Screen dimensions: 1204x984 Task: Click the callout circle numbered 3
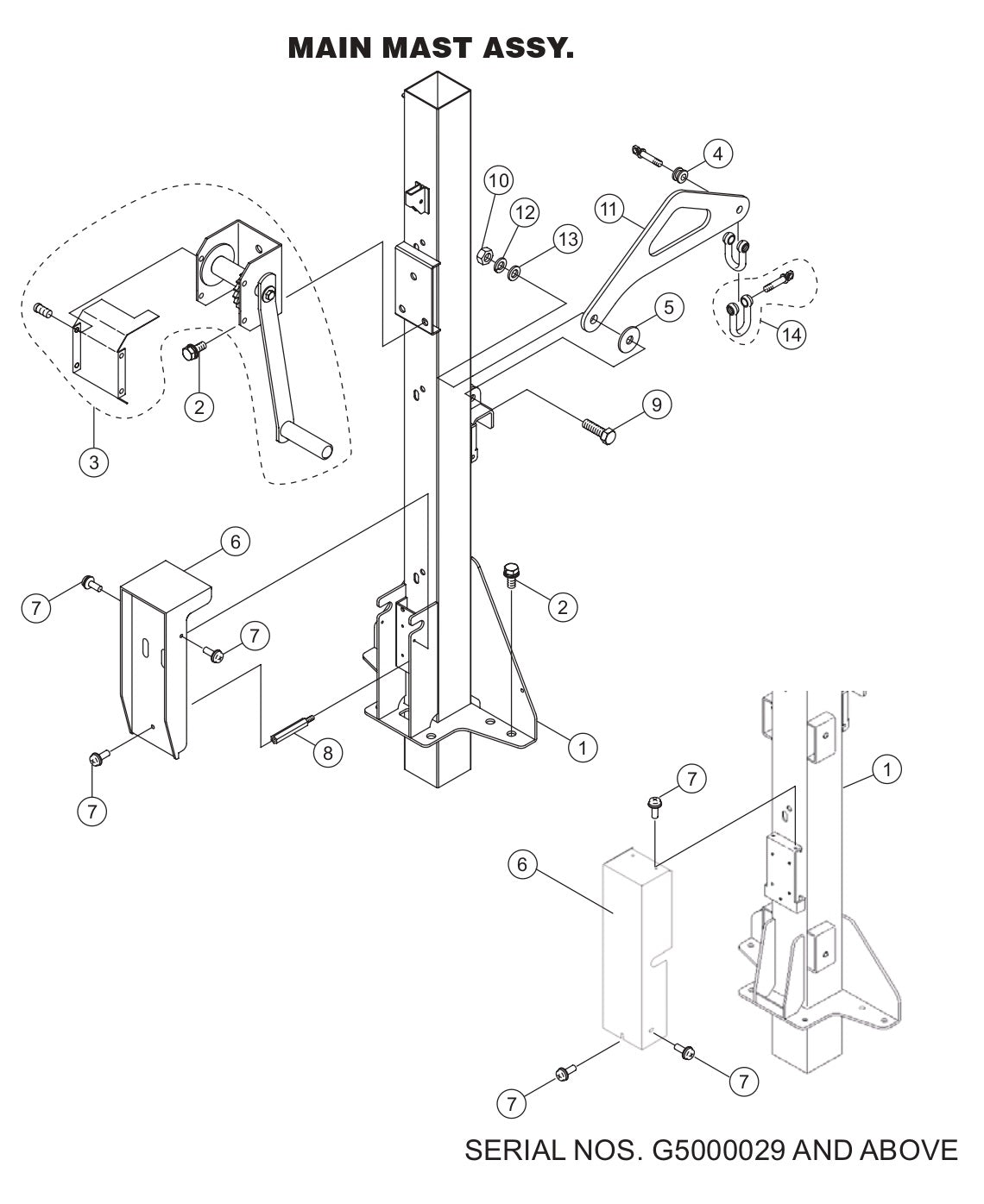pos(93,461)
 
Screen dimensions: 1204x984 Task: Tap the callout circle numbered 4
pos(718,154)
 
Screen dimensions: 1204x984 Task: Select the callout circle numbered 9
pos(657,404)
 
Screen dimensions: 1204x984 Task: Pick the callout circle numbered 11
pos(609,208)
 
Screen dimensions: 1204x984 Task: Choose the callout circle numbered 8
pos(327,752)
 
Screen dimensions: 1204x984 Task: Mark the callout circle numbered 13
pos(567,239)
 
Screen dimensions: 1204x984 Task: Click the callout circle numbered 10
pos(499,180)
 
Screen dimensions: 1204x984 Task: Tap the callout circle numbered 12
pos(526,211)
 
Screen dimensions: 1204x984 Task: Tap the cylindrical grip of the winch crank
pos(311,439)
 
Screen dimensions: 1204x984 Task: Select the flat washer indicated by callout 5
pos(631,336)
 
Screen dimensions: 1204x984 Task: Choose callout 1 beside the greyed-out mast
pos(886,768)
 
